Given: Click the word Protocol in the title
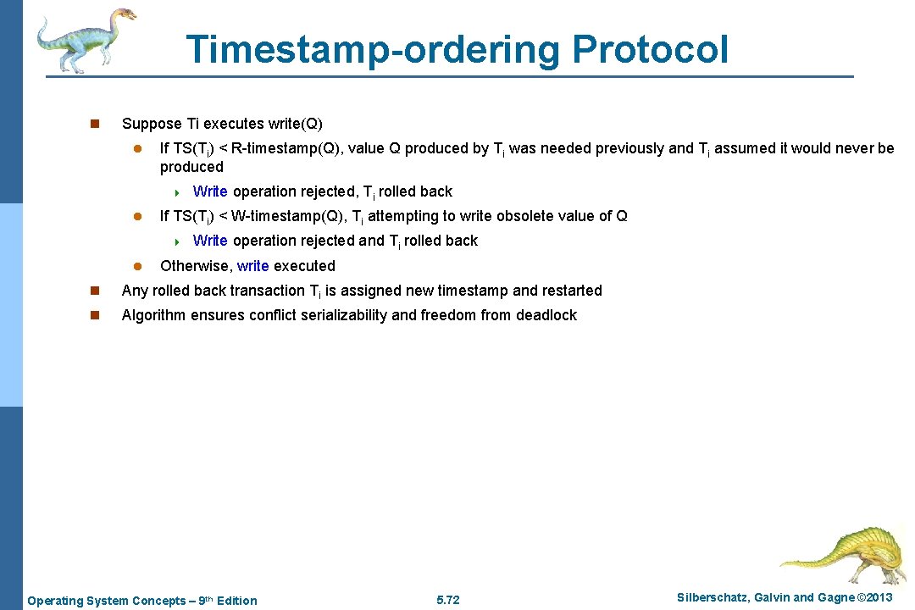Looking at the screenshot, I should coord(650,49).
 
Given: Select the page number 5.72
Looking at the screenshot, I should coord(447,601).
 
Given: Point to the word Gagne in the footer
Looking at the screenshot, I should coord(835,598).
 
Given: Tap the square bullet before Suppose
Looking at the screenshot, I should coord(95,124).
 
